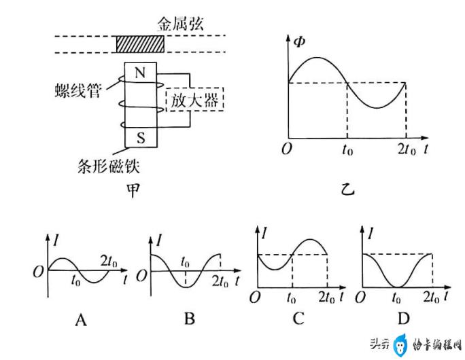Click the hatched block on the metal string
(x=139, y=44)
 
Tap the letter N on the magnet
(x=140, y=72)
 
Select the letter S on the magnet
(x=141, y=138)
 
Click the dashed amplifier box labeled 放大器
(x=194, y=100)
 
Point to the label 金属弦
(x=180, y=24)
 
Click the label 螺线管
(x=78, y=90)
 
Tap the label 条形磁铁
(x=109, y=166)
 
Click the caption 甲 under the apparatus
(x=133, y=190)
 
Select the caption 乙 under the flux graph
(x=347, y=190)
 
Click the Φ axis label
(x=299, y=42)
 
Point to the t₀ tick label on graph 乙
(x=347, y=149)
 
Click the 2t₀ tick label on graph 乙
(x=407, y=149)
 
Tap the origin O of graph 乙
(x=287, y=149)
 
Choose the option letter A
(x=82, y=320)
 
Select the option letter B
(x=190, y=319)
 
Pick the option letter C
(x=298, y=319)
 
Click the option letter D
(x=403, y=319)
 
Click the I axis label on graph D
(x=371, y=234)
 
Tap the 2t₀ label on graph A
(x=109, y=262)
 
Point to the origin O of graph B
(x=141, y=276)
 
